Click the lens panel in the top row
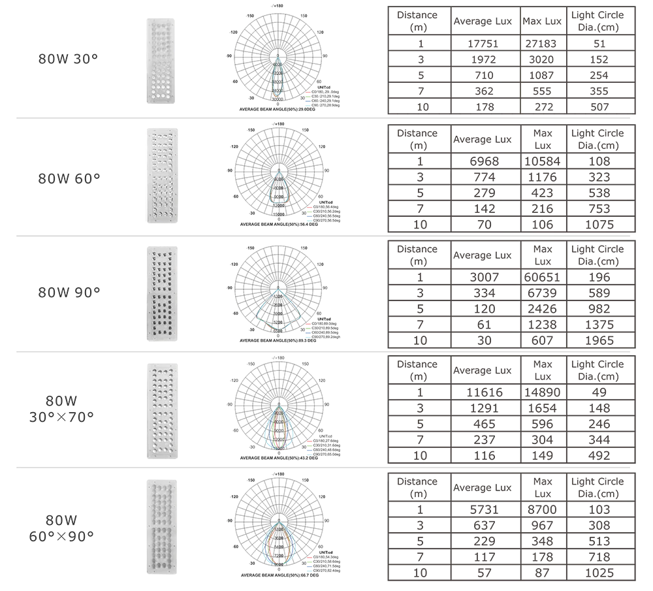161,61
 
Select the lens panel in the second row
159,175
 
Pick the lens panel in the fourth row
161,409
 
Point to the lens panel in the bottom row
160,522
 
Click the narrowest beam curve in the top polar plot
279,77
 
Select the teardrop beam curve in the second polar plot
279,189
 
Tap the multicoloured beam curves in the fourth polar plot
279,428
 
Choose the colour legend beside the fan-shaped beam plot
308,330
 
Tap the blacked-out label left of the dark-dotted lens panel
69,290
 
